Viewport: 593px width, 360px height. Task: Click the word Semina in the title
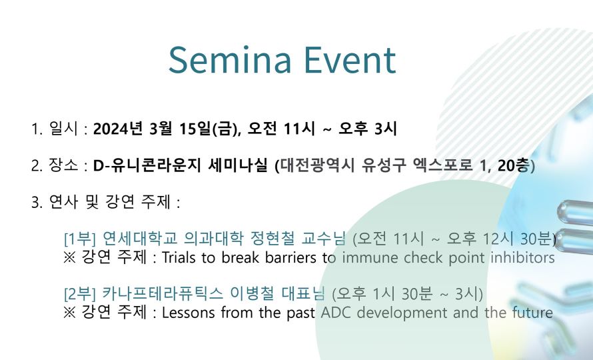[x=230, y=60]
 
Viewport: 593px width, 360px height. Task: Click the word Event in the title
[x=350, y=60]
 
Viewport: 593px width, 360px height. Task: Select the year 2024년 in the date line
[x=118, y=129]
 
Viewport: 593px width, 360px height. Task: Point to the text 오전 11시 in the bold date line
[x=281, y=129]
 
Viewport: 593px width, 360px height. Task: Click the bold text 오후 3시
[x=367, y=129]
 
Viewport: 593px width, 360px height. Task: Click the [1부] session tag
[x=80, y=239]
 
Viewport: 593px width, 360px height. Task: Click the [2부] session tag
[x=80, y=293]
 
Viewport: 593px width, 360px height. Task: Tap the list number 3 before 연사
[x=37, y=202]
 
